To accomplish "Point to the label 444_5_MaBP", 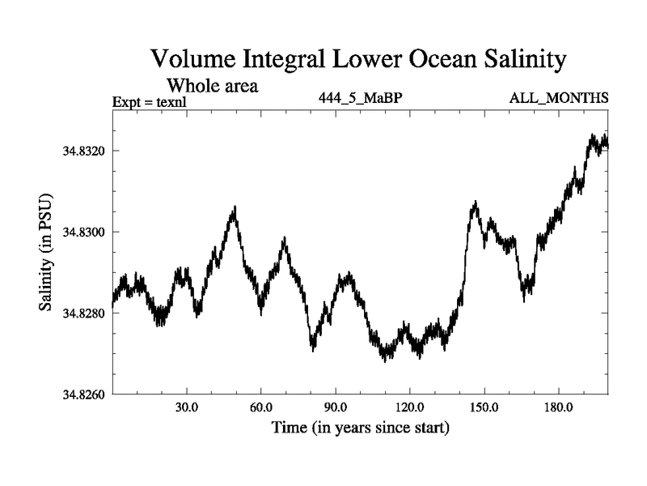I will click(361, 99).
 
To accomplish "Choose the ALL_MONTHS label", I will click(559, 99).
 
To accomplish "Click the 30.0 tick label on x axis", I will click(187, 407).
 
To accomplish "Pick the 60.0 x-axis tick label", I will click(260, 407).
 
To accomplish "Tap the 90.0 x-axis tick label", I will click(335, 407).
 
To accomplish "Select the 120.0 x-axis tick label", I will click(409, 407).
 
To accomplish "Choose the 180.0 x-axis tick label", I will click(558, 407).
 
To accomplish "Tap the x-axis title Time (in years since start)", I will click(361, 427).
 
